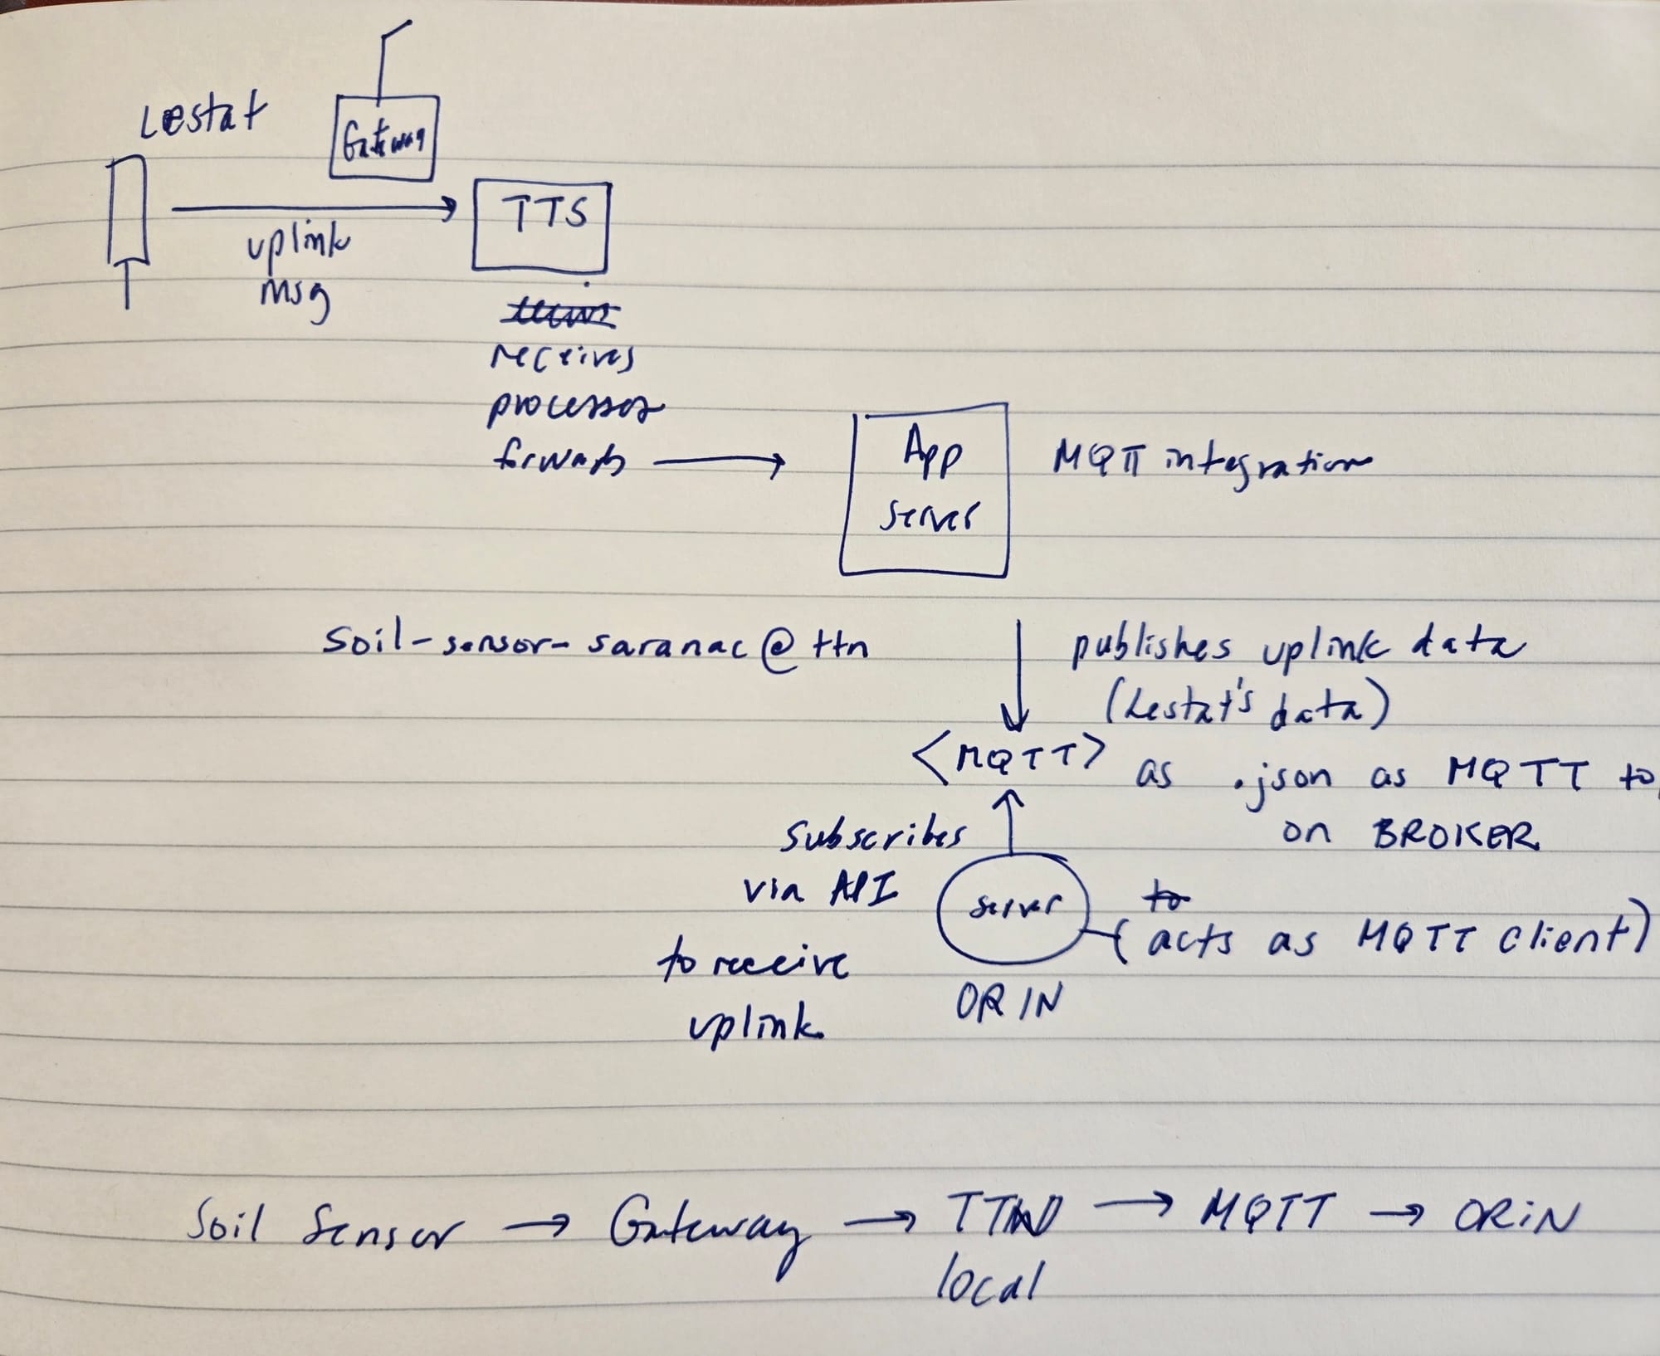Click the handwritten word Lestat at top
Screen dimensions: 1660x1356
coord(198,119)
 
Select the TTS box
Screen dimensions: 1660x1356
coord(540,226)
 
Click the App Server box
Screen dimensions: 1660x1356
coord(924,489)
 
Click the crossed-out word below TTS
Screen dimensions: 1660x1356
coord(563,315)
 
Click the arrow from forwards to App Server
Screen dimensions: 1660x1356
coord(719,465)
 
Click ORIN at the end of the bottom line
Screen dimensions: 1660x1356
coord(1513,1217)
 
